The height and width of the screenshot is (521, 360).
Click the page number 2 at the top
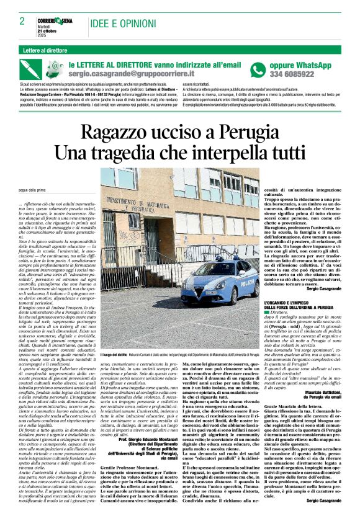point(22,21)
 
